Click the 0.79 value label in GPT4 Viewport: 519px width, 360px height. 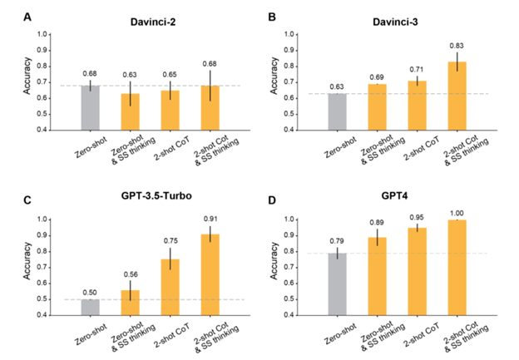click(x=338, y=242)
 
